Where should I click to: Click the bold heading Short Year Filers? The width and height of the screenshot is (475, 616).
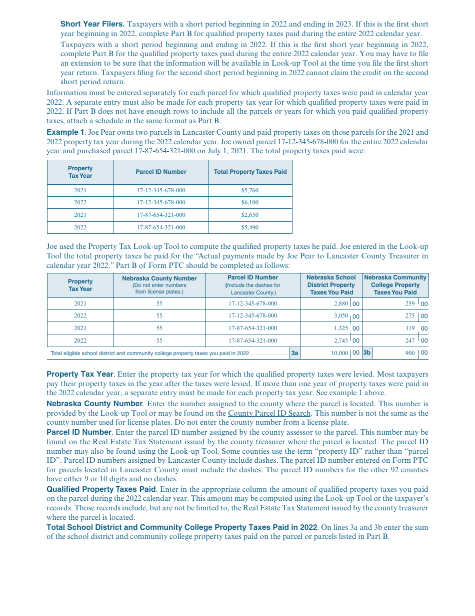(92, 24)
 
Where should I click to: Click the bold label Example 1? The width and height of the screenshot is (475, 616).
(65, 132)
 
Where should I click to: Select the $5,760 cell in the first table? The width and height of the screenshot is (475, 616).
(249, 191)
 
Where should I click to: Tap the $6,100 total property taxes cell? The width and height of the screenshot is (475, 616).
(249, 203)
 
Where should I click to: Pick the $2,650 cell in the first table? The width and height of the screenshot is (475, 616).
(249, 215)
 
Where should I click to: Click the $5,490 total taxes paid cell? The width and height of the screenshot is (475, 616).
(249, 227)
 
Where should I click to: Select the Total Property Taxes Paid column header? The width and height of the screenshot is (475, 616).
(250, 172)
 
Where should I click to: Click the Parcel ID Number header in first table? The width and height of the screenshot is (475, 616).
(161, 172)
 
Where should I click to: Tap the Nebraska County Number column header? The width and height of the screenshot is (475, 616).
(159, 285)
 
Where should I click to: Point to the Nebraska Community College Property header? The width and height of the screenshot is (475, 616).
(395, 285)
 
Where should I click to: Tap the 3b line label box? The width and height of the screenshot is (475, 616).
(367, 353)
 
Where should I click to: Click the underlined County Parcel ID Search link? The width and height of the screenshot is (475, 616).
(269, 413)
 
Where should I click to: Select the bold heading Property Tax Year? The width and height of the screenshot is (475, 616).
(79, 374)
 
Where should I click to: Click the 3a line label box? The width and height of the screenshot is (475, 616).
(295, 353)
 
